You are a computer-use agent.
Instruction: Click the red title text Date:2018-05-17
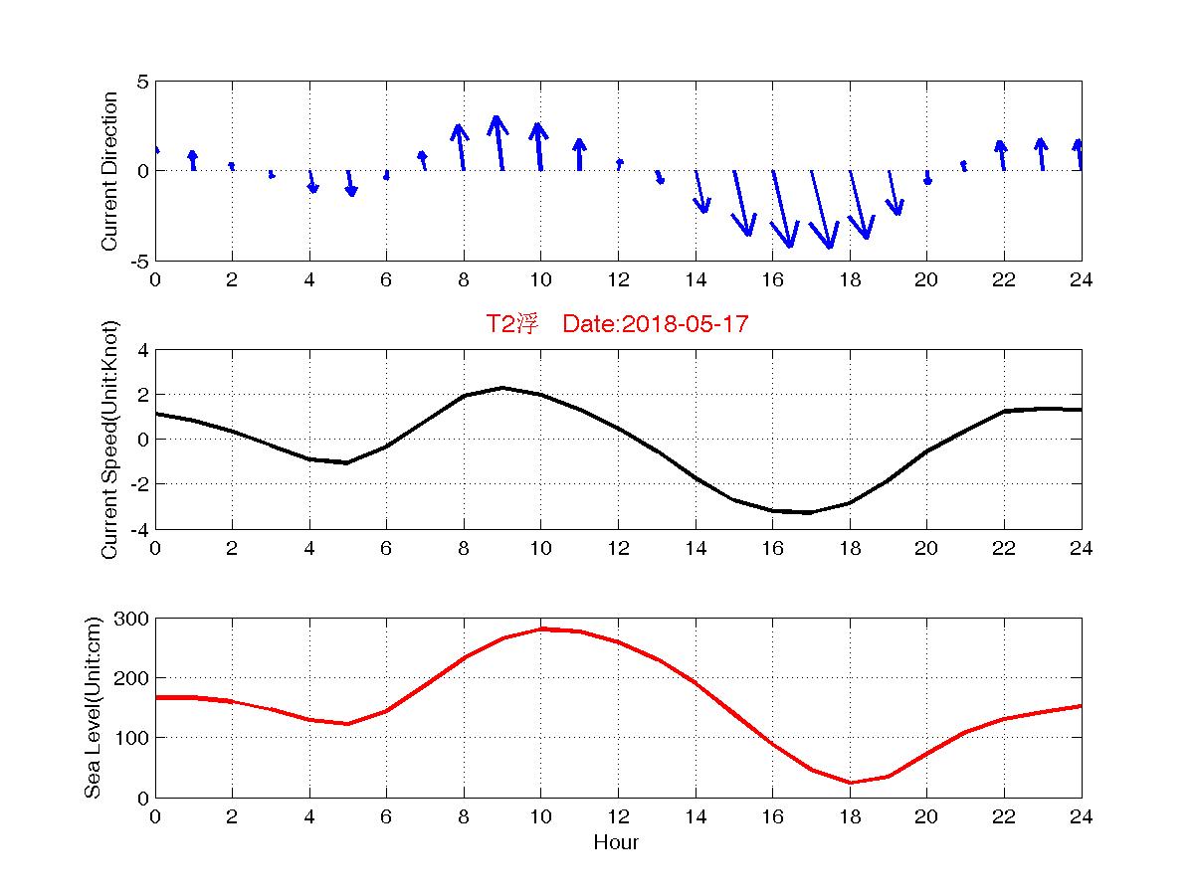[655, 324]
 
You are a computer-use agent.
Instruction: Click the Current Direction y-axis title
[110, 171]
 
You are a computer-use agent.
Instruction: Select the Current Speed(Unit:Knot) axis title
[110, 440]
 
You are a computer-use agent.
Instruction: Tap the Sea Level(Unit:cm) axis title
[95, 708]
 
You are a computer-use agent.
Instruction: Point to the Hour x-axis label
[616, 843]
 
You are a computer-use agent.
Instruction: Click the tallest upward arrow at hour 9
[499, 142]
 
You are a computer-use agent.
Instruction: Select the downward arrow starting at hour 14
[701, 192]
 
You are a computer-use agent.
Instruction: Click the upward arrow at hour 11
[579, 154]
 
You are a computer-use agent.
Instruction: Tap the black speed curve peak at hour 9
[502, 388]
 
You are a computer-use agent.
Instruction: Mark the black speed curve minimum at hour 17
[811, 512]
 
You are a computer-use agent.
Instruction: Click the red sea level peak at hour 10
[540, 629]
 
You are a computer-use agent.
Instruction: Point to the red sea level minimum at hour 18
[850, 782]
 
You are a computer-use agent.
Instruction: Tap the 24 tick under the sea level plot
[1081, 816]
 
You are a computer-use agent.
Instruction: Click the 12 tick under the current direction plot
[618, 279]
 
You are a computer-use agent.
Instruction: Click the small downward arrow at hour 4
[311, 181]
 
